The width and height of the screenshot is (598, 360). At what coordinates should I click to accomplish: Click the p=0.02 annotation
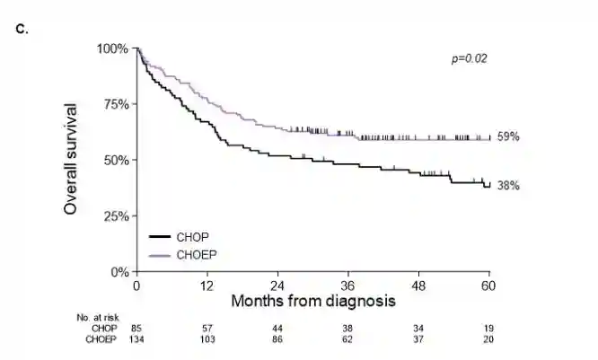click(x=469, y=58)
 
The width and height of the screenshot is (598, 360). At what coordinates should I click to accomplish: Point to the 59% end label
click(x=509, y=136)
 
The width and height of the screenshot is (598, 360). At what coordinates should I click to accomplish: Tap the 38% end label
click(x=509, y=186)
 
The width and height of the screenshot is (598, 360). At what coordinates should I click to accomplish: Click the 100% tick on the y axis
click(x=111, y=48)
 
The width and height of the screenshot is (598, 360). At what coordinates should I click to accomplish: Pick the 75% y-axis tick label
click(x=114, y=103)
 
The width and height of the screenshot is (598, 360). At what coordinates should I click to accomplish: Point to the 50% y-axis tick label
click(x=114, y=160)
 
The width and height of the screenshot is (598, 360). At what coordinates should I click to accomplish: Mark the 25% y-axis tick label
click(x=114, y=215)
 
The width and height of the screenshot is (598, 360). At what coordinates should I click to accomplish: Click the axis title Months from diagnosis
click(x=312, y=301)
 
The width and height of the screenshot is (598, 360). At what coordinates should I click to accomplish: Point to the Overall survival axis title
click(x=71, y=159)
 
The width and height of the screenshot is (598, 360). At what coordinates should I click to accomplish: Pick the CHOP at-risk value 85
click(x=136, y=329)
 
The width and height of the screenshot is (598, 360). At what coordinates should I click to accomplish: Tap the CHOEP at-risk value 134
click(x=136, y=340)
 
